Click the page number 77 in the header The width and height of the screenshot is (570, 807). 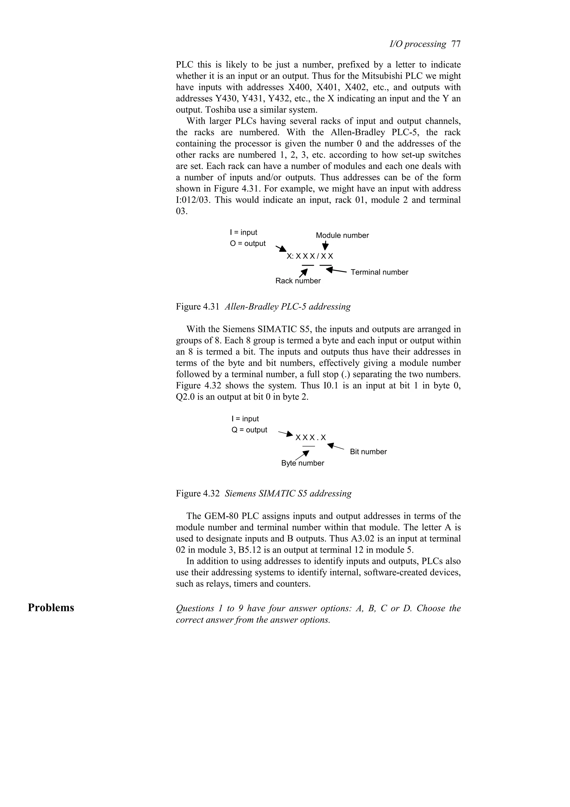click(456, 44)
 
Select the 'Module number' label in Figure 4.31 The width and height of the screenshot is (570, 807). click(342, 236)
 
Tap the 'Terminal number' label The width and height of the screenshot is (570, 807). click(379, 272)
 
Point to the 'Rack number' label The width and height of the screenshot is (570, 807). click(298, 281)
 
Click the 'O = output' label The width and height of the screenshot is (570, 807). click(248, 244)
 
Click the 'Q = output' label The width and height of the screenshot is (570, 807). click(249, 430)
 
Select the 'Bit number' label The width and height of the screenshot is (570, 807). click(368, 452)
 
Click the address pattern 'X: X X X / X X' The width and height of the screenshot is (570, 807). click(310, 256)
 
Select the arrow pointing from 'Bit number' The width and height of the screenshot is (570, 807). click(335, 447)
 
